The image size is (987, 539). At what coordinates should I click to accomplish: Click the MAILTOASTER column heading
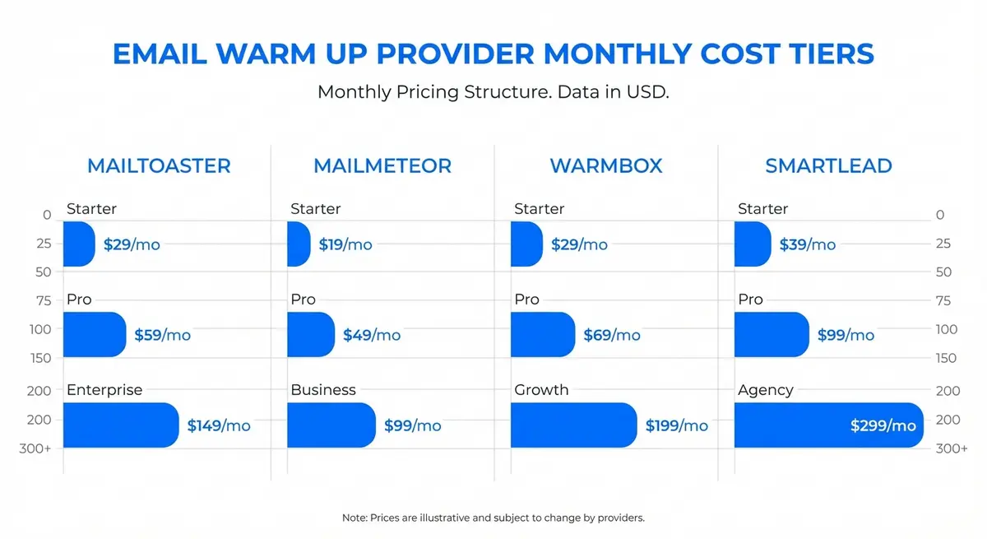159,165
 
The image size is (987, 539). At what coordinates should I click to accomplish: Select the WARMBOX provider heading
605,165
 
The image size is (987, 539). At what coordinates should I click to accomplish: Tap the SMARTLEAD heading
828,165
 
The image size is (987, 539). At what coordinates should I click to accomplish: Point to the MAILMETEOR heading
382,165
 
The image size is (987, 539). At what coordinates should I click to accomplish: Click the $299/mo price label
883,425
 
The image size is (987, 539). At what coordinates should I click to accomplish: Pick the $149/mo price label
219,425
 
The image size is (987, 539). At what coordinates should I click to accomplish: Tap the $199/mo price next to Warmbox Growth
676,425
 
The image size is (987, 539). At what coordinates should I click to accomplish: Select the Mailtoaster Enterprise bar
120,425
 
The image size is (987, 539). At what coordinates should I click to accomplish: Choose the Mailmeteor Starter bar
298,244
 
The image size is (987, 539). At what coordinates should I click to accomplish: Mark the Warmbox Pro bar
542,335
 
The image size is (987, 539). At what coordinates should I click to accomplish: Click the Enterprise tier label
104,390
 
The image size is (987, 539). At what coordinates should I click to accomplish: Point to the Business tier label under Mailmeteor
323,390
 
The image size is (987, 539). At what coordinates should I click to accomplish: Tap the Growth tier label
541,390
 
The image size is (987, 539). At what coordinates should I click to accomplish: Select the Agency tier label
765,390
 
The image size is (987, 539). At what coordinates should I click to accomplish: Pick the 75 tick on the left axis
44,301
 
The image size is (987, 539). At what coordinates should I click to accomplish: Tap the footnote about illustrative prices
493,518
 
